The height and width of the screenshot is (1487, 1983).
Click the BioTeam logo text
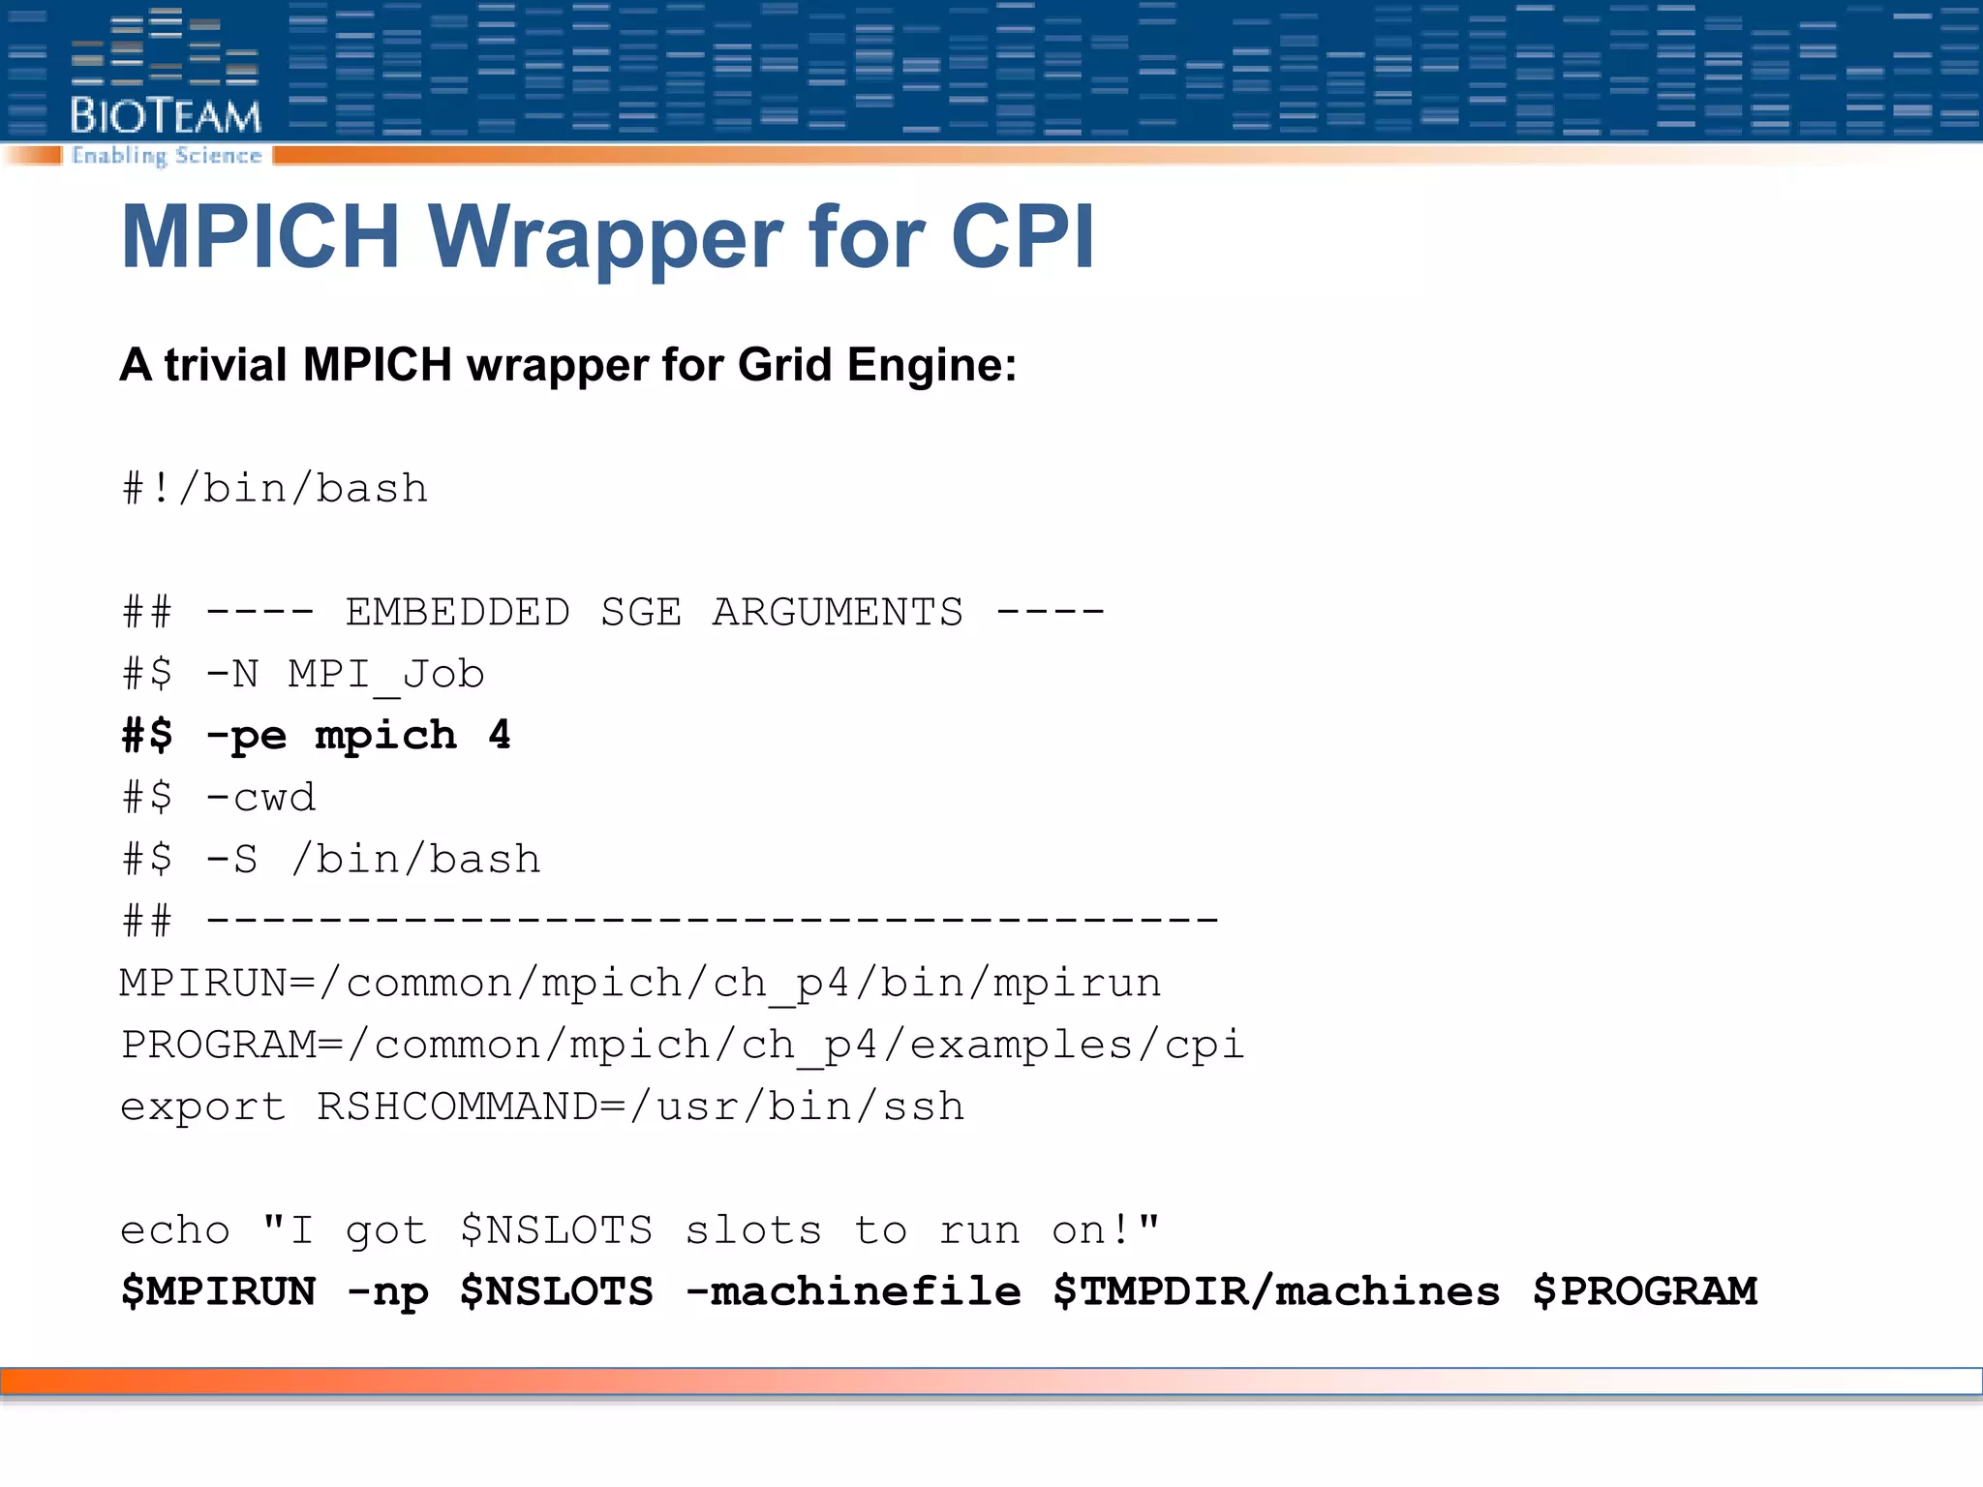coord(166,116)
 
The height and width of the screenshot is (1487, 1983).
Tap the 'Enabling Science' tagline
coord(167,156)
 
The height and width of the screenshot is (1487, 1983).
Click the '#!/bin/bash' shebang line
coord(275,488)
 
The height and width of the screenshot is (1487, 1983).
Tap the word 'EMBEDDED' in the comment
coord(458,612)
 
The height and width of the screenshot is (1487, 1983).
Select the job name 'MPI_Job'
coord(386,674)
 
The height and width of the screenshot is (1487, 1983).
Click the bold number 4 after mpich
coord(500,735)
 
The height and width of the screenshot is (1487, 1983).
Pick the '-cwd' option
coord(260,798)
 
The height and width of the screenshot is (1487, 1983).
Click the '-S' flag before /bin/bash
coord(232,860)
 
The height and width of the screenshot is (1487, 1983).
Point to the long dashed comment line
coord(712,920)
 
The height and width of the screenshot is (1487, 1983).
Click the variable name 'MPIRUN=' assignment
coord(217,984)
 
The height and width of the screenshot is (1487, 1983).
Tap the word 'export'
coord(203,1107)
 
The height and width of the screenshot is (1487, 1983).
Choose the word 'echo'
coord(175,1230)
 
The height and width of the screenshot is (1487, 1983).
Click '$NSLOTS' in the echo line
coord(557,1230)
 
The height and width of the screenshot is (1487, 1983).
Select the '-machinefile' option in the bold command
coord(853,1292)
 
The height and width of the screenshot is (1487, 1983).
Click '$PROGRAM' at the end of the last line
coord(1645,1292)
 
